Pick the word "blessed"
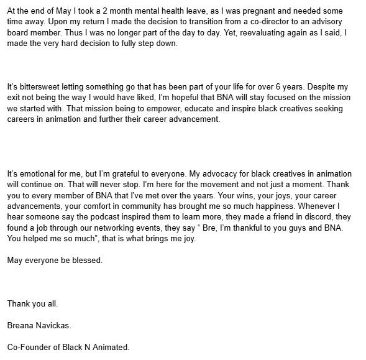click(x=86, y=259)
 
